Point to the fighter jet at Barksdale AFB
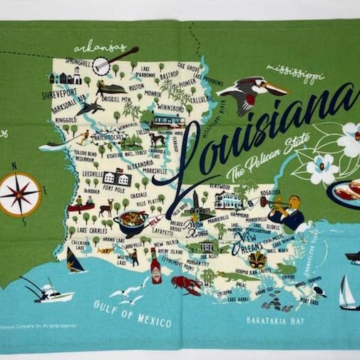pyautogui.click(x=91, y=108)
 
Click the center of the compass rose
pyautogui.click(x=20, y=194)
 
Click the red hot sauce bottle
pyautogui.click(x=155, y=269)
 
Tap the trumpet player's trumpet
pyautogui.click(x=271, y=202)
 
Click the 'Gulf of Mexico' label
pyautogui.click(x=133, y=313)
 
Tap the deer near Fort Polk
pyautogui.click(x=107, y=209)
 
